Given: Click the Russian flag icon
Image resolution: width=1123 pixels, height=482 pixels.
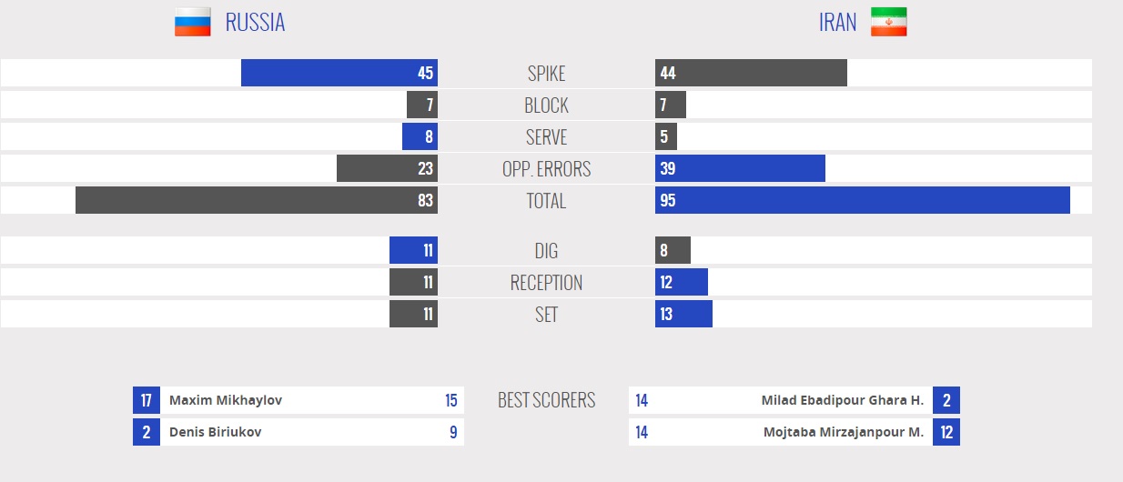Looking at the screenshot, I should [x=192, y=22].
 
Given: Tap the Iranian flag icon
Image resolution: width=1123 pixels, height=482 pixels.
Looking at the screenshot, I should [x=888, y=22].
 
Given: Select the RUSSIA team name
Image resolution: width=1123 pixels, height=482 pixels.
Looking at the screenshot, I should [x=255, y=23].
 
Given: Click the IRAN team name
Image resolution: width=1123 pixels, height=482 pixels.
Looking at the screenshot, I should [x=837, y=23].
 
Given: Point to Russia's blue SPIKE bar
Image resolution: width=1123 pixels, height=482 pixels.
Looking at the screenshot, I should [x=339, y=73].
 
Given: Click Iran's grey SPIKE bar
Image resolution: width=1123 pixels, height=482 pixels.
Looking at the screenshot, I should [x=751, y=73].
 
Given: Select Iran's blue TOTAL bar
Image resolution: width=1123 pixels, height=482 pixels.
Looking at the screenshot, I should [x=862, y=200].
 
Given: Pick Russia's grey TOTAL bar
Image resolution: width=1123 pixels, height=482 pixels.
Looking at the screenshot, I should [x=257, y=200].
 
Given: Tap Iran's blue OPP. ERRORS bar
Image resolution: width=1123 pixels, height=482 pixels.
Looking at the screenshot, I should [x=740, y=168].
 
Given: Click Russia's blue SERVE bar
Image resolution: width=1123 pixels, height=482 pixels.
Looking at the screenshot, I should [x=420, y=136].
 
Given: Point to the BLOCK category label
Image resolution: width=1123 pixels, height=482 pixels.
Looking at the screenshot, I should [x=546, y=105].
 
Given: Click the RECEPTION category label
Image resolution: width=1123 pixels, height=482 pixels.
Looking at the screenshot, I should [x=546, y=283].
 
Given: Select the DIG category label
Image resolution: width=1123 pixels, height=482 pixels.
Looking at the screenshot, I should [x=546, y=251].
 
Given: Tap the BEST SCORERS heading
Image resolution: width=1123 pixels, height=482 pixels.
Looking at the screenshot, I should [x=546, y=400].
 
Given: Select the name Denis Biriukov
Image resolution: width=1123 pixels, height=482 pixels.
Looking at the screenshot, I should [x=215, y=432].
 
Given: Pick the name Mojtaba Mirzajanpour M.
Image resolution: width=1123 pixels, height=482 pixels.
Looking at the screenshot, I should [x=843, y=432].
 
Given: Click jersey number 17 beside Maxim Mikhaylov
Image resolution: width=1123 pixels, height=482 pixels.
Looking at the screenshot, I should [x=147, y=400].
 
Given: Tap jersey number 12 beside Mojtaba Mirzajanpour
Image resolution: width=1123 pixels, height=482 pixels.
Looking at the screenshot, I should [x=946, y=432].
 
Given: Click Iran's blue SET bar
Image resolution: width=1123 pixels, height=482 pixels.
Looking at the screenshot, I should [x=683, y=314].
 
